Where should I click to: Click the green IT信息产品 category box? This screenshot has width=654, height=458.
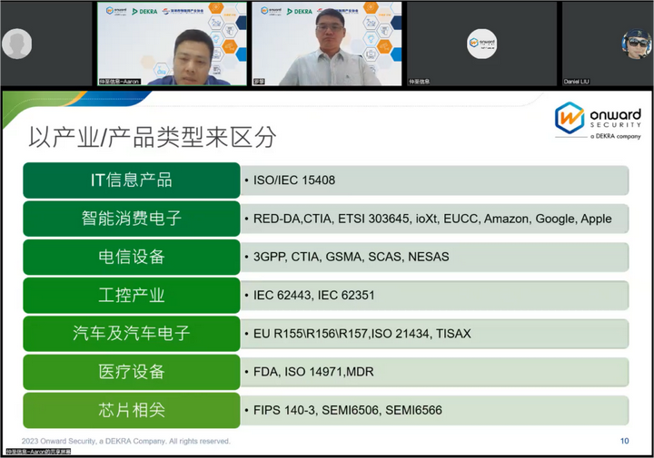(x=131, y=180)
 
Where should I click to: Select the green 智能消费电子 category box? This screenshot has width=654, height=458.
(x=131, y=219)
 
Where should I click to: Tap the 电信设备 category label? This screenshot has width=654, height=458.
(x=131, y=257)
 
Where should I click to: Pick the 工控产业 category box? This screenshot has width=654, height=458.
(x=131, y=296)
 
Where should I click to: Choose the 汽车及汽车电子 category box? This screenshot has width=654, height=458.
(x=131, y=334)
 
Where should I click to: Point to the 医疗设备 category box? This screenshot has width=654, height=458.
(x=131, y=372)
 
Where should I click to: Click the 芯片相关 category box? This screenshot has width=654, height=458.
(x=131, y=410)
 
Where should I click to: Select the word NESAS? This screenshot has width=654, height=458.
(x=429, y=257)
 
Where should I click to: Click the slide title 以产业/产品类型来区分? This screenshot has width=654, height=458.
(x=153, y=138)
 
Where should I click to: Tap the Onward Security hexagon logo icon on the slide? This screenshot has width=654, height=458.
(x=570, y=119)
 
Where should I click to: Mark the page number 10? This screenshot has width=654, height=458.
(x=624, y=441)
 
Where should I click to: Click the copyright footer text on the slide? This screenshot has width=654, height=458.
(x=126, y=441)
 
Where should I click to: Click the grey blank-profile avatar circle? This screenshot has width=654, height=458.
(x=16, y=44)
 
